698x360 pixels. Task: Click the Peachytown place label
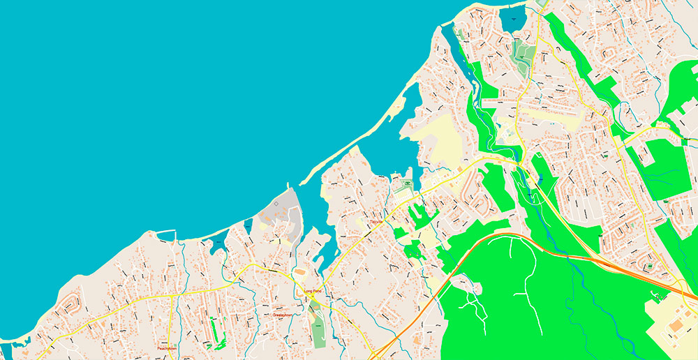click(166, 347)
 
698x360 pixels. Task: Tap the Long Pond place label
click(312, 292)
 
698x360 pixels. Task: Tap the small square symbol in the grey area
click(276, 203)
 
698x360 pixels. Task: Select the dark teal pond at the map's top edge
click(512, 18)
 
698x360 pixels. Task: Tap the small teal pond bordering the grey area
click(248, 225)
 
